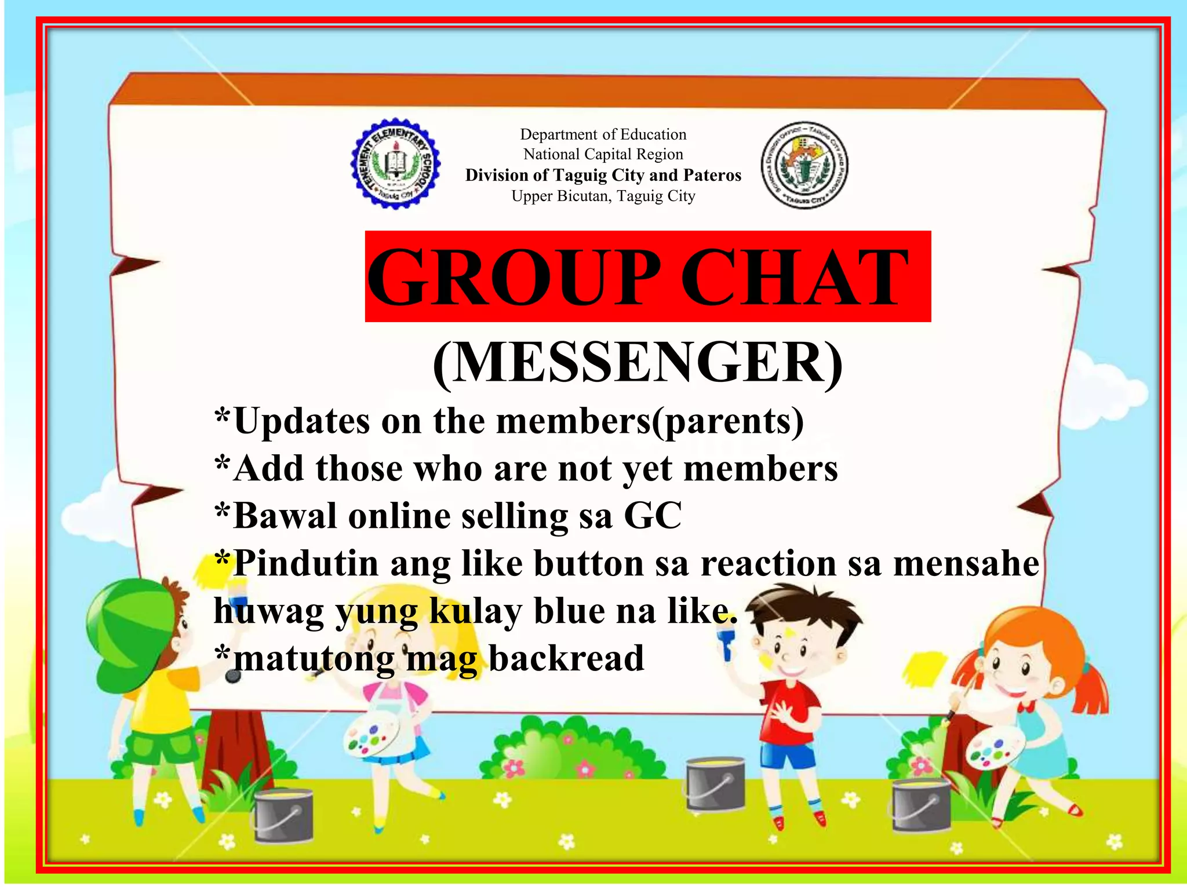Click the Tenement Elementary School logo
pos(395,164)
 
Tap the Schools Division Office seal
pos(804,165)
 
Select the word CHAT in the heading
pos(794,276)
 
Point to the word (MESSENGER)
pos(638,363)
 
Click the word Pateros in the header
pos(712,175)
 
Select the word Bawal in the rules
pos(285,515)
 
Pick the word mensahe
pos(966,563)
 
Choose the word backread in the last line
pos(566,658)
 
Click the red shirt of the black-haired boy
pos(788,713)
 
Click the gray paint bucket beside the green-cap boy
pos(283,814)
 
